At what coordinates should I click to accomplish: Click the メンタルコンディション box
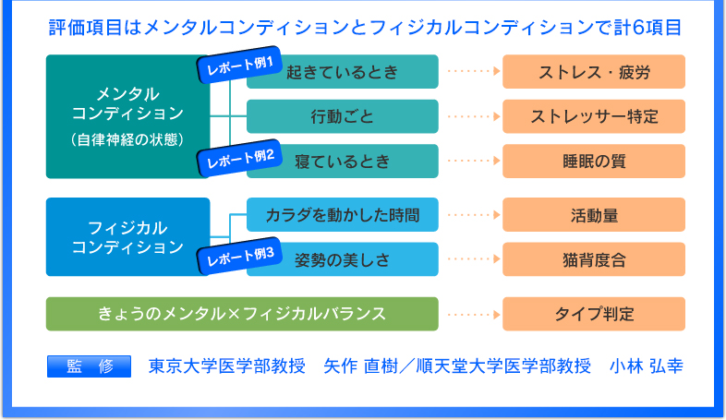pyautogui.click(x=127, y=116)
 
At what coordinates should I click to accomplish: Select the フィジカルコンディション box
pyautogui.click(x=127, y=237)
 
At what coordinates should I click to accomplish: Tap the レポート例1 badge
pyautogui.click(x=239, y=65)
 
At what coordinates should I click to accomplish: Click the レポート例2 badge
pyautogui.click(x=239, y=158)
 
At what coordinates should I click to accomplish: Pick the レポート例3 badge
pyautogui.click(x=239, y=256)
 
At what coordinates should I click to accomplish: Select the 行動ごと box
pyautogui.click(x=342, y=116)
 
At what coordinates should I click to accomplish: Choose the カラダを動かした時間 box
pyautogui.click(x=342, y=215)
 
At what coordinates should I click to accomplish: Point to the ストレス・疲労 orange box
pyautogui.click(x=594, y=72)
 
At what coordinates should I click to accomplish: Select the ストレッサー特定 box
pyautogui.click(x=594, y=116)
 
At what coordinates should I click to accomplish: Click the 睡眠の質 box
pyautogui.click(x=594, y=161)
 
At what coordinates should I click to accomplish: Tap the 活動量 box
pyautogui.click(x=594, y=215)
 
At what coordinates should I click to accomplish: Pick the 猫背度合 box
pyautogui.click(x=594, y=259)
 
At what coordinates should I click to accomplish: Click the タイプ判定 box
pyautogui.click(x=594, y=314)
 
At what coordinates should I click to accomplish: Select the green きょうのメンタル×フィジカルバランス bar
pyautogui.click(x=242, y=314)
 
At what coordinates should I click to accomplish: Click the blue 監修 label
pyautogui.click(x=89, y=366)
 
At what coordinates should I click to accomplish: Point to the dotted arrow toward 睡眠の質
pyautogui.click(x=474, y=161)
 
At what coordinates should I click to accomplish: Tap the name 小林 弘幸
pyautogui.click(x=647, y=366)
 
